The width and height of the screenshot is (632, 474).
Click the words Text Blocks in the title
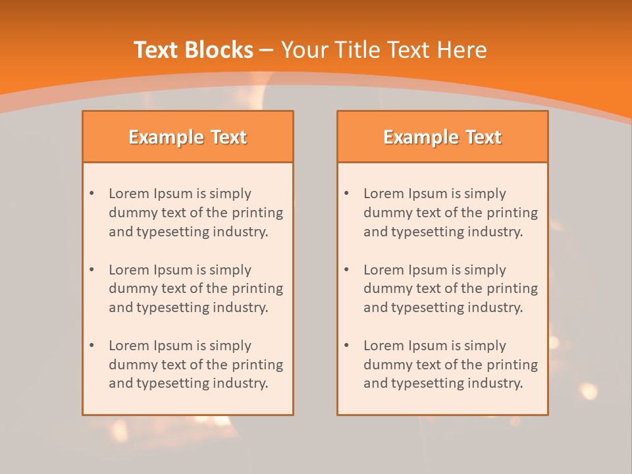pyautogui.click(x=194, y=50)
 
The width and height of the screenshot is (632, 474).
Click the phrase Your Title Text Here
pyautogui.click(x=384, y=50)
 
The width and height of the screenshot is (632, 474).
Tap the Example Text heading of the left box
pyautogui.click(x=188, y=137)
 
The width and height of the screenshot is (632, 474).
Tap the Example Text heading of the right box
pyautogui.click(x=442, y=137)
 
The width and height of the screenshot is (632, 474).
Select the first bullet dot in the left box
pyautogui.click(x=92, y=194)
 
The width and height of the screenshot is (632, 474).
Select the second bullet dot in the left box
pyautogui.click(x=92, y=270)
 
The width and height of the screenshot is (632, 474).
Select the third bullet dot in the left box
pyautogui.click(x=92, y=346)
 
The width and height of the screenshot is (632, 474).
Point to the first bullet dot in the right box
pyautogui.click(x=346, y=194)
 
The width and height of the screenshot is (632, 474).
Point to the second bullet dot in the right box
pyautogui.click(x=346, y=270)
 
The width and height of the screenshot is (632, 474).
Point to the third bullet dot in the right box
pyautogui.click(x=346, y=346)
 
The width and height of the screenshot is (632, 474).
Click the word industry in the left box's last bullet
pyautogui.click(x=240, y=383)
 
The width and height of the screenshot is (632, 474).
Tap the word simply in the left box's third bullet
pyautogui.click(x=230, y=346)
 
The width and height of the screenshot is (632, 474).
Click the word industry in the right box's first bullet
pyautogui.click(x=495, y=232)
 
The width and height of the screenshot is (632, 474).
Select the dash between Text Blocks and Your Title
pyautogui.click(x=267, y=50)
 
